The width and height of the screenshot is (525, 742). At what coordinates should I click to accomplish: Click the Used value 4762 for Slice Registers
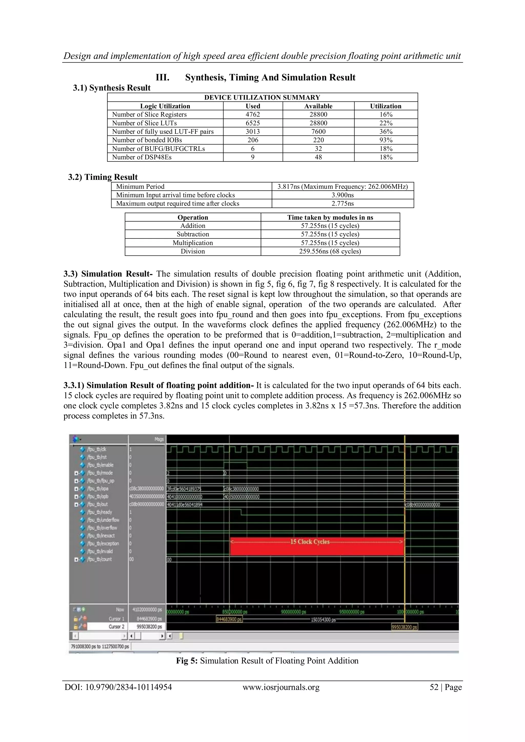253,115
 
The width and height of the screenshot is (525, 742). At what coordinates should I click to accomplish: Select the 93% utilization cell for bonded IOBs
386,140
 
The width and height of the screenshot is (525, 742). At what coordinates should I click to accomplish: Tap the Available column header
318,106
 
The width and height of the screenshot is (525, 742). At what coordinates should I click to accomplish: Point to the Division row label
193,251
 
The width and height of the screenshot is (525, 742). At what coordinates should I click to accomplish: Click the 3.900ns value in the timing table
343,195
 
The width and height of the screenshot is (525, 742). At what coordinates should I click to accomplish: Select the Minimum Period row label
140,187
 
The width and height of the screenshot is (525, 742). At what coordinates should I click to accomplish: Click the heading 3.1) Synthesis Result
112,88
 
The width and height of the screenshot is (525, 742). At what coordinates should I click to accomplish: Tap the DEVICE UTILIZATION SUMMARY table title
262,97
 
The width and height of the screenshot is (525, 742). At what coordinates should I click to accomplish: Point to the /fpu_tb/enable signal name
100,465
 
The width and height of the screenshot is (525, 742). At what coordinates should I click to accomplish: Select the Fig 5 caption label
187,661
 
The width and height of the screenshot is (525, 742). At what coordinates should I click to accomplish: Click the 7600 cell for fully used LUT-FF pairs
318,131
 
